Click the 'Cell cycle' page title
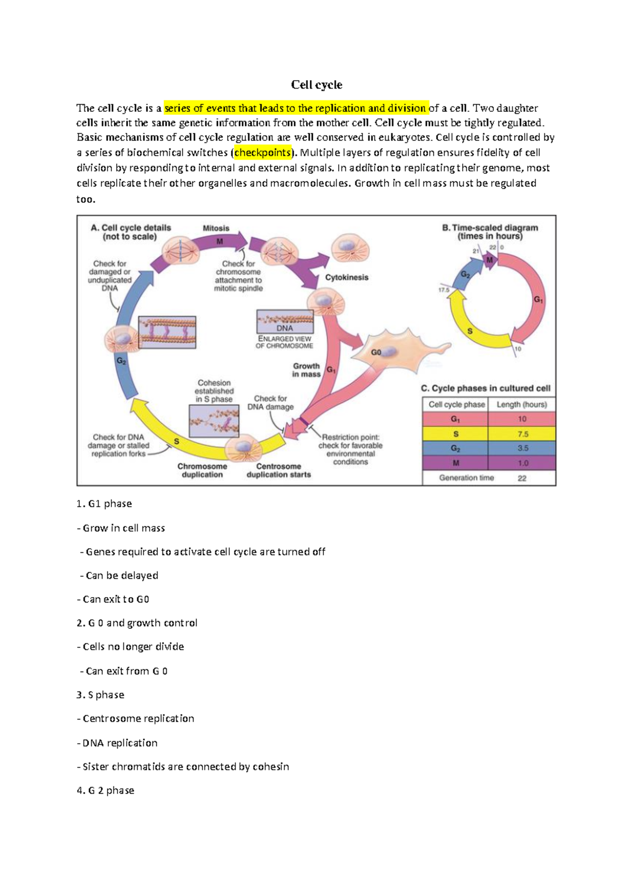[x=316, y=85]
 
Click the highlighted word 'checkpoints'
[x=263, y=153]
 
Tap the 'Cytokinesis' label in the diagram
[x=347, y=277]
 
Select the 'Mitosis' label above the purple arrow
[x=216, y=228]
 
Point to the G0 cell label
[x=376, y=352]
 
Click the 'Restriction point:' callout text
[x=350, y=437]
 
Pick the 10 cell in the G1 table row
[x=522, y=419]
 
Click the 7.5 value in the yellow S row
[x=522, y=434]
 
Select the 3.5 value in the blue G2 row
[x=522, y=448]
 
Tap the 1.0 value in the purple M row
[x=522, y=463]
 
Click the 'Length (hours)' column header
[x=522, y=404]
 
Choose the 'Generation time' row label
[x=466, y=478]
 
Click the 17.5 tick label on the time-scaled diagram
[x=444, y=290]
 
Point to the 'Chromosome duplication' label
[x=202, y=470]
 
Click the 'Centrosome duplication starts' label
[x=279, y=470]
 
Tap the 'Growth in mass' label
[x=306, y=370]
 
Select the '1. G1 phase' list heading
[x=104, y=504]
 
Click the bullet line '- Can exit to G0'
[x=113, y=599]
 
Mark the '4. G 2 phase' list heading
[x=105, y=791]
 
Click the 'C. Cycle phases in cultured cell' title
[x=485, y=388]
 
